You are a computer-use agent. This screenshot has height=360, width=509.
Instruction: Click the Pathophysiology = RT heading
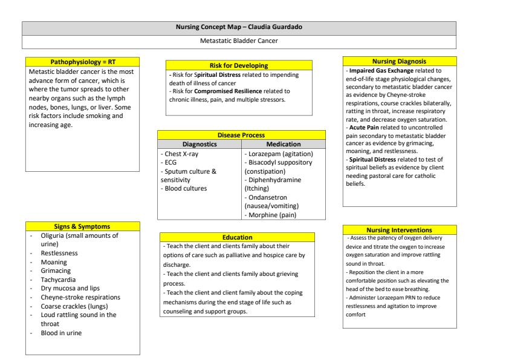(83, 62)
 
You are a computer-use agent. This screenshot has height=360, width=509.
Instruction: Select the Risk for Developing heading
(238, 65)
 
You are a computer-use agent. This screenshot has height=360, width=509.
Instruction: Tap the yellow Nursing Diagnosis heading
(399, 61)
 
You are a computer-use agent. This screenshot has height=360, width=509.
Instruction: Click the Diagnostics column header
(199, 144)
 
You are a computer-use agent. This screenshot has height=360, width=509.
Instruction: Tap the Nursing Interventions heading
(399, 230)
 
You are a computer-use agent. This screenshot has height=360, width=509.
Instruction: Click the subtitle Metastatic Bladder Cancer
(238, 41)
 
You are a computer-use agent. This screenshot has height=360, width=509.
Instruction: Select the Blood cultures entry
(184, 188)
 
